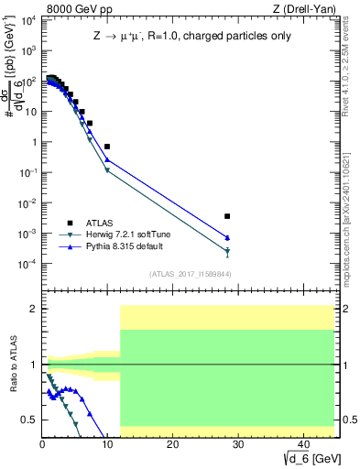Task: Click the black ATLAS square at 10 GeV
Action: tap(107, 147)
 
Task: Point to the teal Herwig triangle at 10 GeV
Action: tap(107, 170)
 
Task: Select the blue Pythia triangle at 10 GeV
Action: tap(107, 159)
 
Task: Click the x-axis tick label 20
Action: tap(171, 446)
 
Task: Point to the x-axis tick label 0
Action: tap(42, 446)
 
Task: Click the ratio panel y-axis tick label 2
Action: tap(33, 309)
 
